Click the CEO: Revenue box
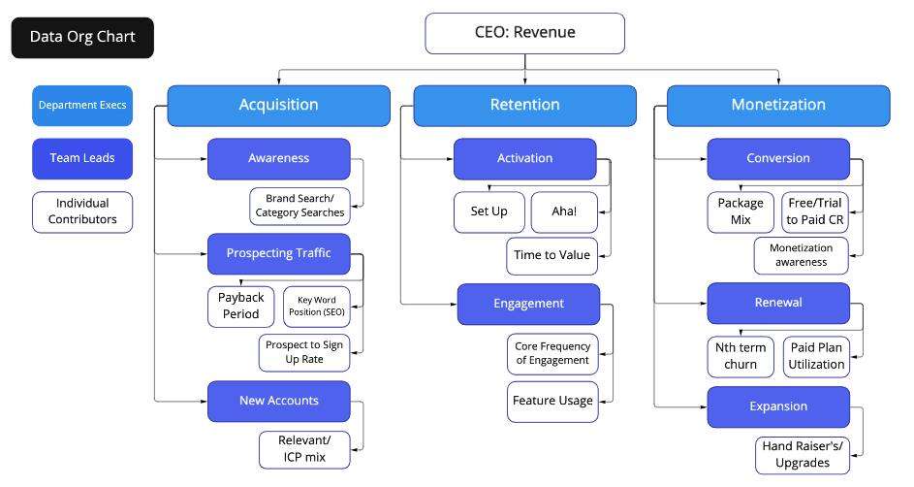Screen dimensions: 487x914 pyautogui.click(x=524, y=33)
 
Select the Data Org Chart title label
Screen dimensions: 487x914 pyautogui.click(x=82, y=38)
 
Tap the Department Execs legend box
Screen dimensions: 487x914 pyautogui.click(x=82, y=105)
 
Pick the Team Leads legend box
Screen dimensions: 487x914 pyautogui.click(x=82, y=158)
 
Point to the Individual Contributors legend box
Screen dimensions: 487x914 pyautogui.click(x=82, y=211)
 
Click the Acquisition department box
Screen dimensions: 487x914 pyautogui.click(x=278, y=105)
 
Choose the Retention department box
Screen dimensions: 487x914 pyautogui.click(x=524, y=105)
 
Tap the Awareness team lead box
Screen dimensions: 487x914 pyautogui.click(x=278, y=158)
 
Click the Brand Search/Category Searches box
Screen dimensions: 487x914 pyautogui.click(x=299, y=205)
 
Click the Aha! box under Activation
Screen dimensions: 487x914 pyautogui.click(x=564, y=211)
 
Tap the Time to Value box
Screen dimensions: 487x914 pyautogui.click(x=552, y=256)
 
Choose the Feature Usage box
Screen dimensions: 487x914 pyautogui.click(x=552, y=401)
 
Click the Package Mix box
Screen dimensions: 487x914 pyautogui.click(x=741, y=211)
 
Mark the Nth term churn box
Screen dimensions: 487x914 pyautogui.click(x=740, y=356)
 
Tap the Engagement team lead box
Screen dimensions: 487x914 pyautogui.click(x=528, y=304)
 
